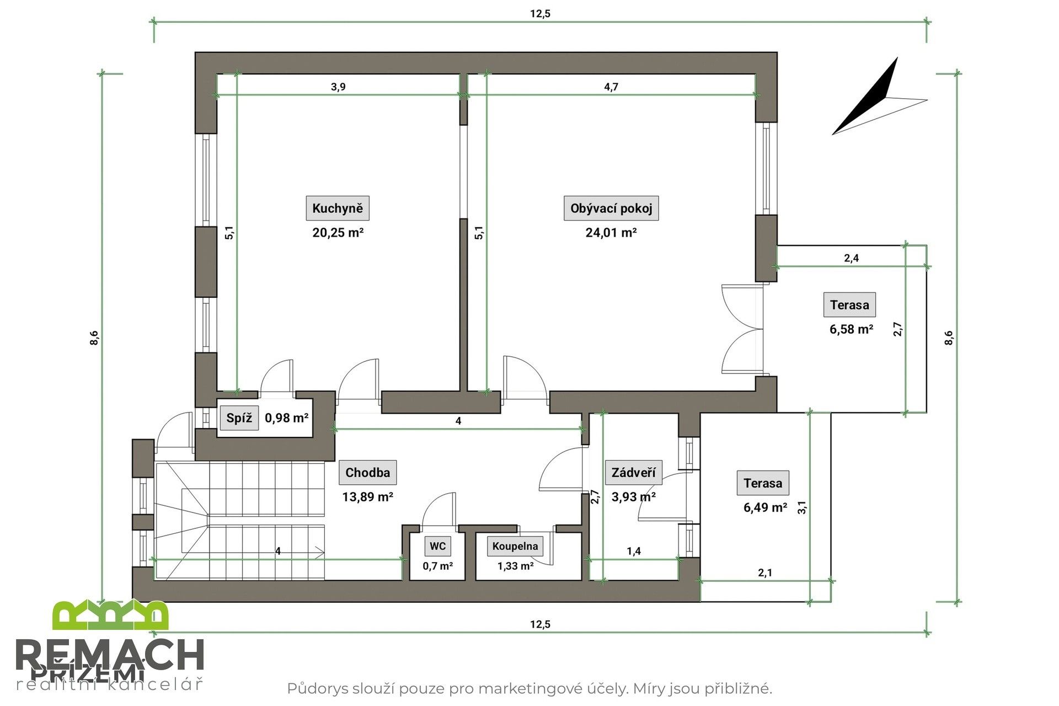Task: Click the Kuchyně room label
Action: pos(338,208)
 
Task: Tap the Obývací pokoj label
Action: pos(611,208)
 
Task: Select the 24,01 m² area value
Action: pos(611,232)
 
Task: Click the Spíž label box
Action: pos(239,418)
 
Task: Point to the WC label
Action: pos(437,546)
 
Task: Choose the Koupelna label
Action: pos(515,546)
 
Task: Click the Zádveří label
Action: pos(633,473)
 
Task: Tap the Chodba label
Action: pos(367,473)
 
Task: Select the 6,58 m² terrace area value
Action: pos(851,329)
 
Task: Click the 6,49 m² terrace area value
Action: pos(765,507)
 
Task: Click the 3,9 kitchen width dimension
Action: pos(338,87)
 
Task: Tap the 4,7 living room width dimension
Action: pos(611,87)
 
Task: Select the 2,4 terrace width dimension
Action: pos(851,258)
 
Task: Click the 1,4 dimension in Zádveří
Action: pos(634,550)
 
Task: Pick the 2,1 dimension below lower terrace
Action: pos(765,573)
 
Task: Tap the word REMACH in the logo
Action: pos(110,656)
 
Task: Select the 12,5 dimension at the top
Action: pos(540,14)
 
